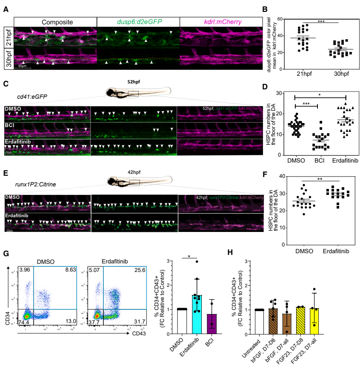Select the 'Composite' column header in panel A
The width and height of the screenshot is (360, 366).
55,21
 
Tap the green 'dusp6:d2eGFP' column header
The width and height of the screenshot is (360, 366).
138,21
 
